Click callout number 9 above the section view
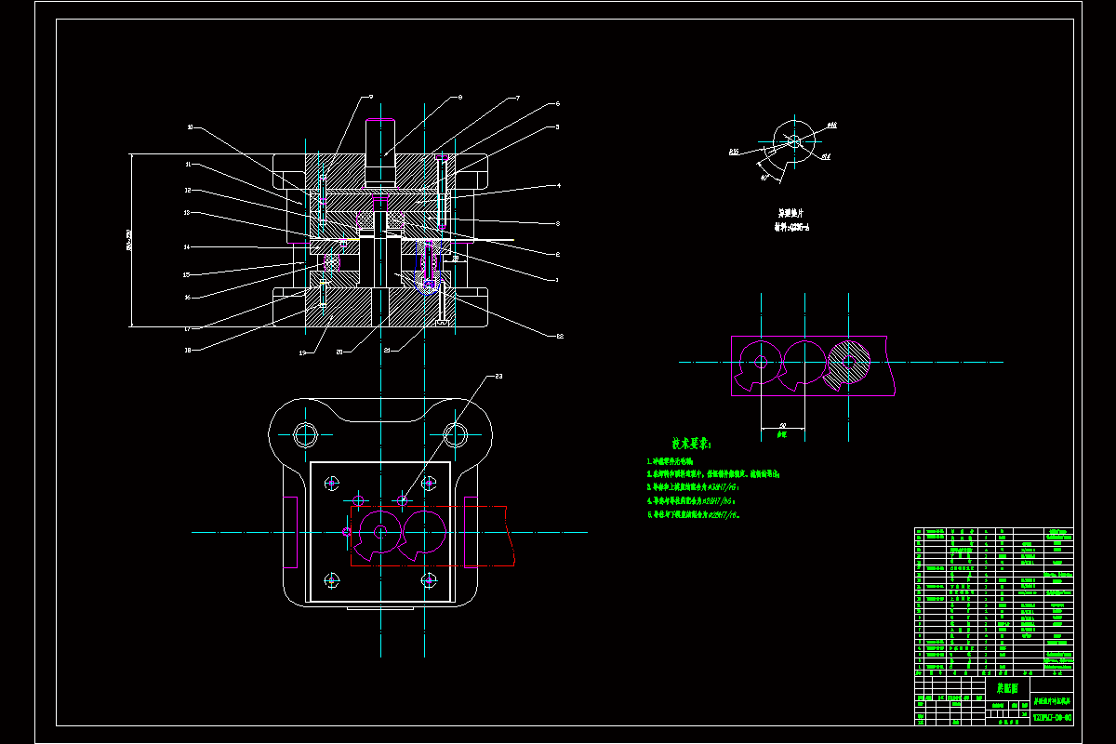370,97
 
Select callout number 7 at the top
517,98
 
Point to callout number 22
560,336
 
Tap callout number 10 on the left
190,126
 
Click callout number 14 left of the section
187,246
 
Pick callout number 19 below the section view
302,352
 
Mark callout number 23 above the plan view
498,377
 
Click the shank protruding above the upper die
380,151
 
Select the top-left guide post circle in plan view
305,434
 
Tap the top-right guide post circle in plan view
456,433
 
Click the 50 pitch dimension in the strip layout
782,425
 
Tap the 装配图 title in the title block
1007,689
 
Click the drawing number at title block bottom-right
1052,718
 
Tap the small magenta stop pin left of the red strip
346,532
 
